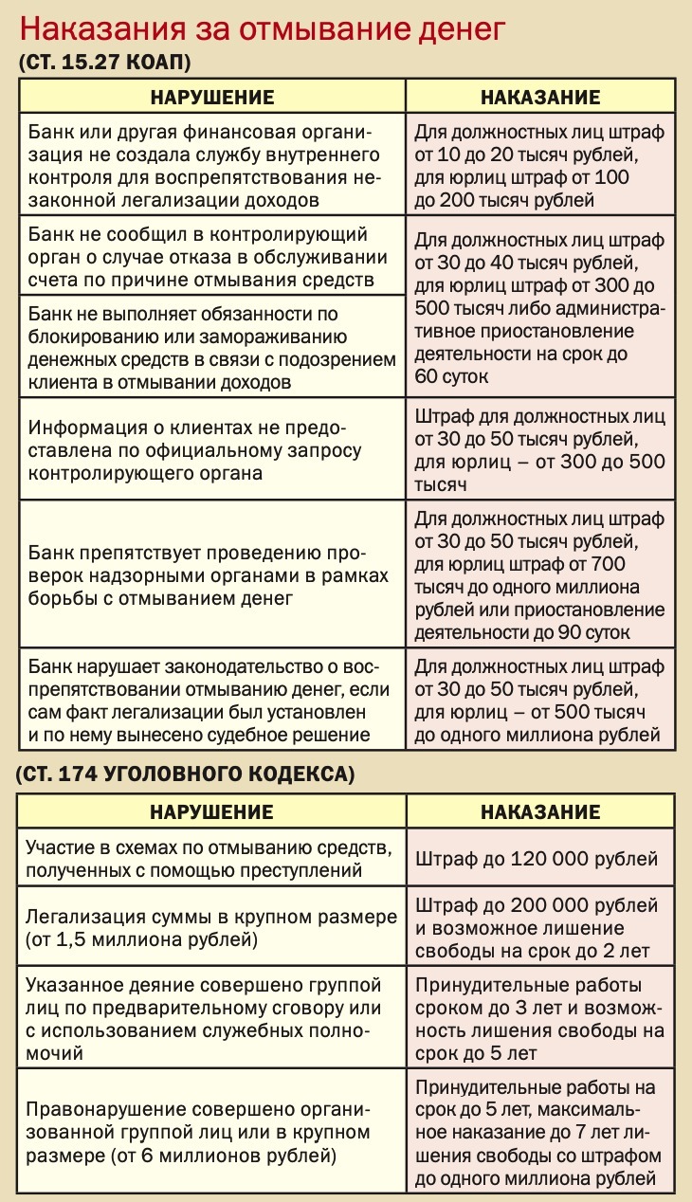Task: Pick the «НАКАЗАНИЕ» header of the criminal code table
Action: (x=540, y=812)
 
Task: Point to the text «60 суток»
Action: (x=451, y=376)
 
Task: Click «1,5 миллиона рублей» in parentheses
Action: (x=143, y=940)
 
